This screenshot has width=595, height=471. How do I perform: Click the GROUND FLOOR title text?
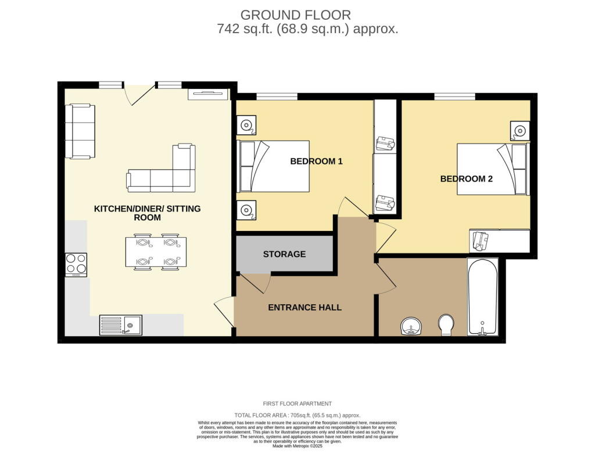[296, 15]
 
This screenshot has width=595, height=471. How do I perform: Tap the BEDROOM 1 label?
[316, 161]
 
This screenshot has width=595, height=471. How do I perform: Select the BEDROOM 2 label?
[466, 179]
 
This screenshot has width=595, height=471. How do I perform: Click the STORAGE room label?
[284, 254]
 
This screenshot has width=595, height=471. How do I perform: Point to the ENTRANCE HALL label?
[304, 307]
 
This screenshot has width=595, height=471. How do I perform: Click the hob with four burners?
[76, 265]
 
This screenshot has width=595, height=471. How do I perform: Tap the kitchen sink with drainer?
[121, 325]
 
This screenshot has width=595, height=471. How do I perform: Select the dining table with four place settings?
[156, 252]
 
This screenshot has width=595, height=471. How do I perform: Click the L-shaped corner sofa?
[166, 173]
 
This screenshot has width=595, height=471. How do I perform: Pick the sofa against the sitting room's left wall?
[80, 131]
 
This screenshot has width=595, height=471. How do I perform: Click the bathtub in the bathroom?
[482, 297]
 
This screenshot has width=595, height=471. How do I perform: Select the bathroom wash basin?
[412, 327]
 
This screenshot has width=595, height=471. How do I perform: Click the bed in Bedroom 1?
[273, 166]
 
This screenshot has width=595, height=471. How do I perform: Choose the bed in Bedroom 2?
[492, 169]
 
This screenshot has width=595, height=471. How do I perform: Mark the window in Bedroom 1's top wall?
[277, 97]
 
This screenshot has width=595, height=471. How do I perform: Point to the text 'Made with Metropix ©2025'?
[297, 446]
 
